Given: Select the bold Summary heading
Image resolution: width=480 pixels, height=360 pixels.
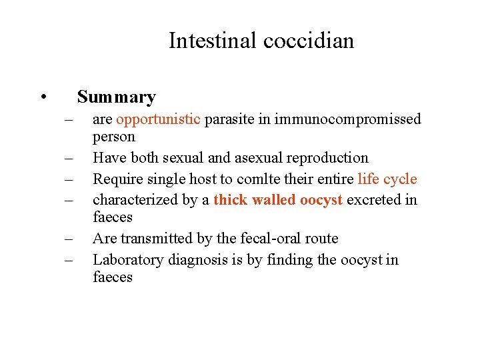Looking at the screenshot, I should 116,97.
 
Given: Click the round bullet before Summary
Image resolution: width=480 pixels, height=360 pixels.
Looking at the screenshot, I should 42,97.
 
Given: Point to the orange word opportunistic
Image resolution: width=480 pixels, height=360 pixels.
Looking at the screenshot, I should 158,119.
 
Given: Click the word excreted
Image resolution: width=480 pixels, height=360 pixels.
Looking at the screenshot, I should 376,199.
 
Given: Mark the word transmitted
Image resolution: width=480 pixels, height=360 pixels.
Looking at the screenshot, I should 153,239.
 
